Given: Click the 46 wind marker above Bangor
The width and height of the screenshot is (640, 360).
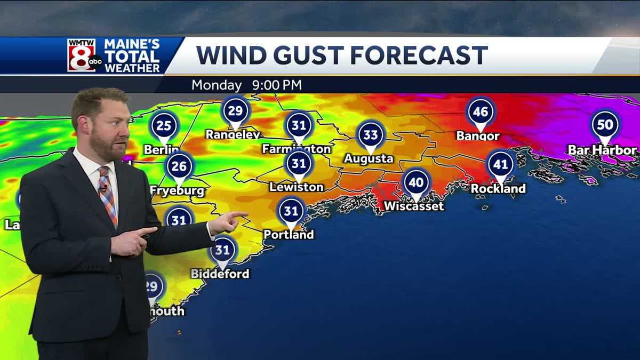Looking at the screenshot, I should coord(481,112).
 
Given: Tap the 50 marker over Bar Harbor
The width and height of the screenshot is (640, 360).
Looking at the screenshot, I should coord(605,125).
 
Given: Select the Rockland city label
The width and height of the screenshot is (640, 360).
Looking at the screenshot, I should coord(498,188).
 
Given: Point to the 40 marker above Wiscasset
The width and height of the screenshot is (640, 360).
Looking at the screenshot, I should coord(417,183).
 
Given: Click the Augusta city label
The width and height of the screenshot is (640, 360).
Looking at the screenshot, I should coord(369,158).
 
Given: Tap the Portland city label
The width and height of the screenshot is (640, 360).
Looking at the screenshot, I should coord(289,235).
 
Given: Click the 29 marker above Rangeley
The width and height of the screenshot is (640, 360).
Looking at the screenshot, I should coord(235,111).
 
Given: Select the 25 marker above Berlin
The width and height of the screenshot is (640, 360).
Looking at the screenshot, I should coord(164,126).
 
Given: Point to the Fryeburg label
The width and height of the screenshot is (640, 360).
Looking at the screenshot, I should coord(177,191).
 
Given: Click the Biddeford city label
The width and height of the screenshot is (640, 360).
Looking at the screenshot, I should coord(220,274).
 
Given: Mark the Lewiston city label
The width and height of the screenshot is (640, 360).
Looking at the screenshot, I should coord(297,187).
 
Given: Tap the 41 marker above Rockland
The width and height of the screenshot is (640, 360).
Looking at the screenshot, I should coord(500,164).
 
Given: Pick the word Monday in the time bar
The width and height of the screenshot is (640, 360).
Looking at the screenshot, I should coord(217,85).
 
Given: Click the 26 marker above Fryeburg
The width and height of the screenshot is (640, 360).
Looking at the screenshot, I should coord(179,166).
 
